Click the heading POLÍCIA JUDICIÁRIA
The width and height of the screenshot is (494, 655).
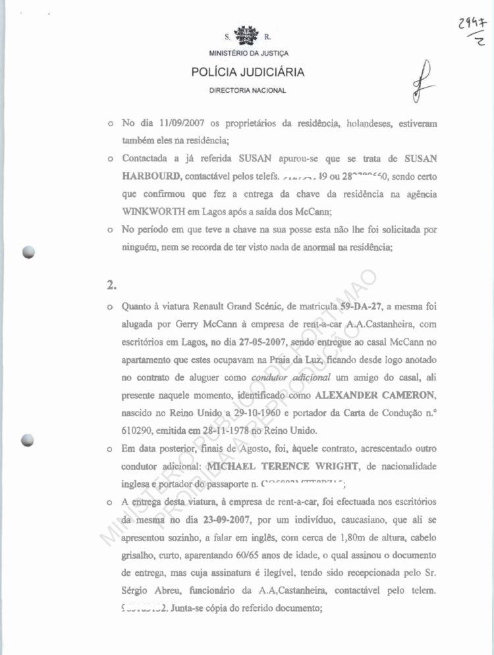coord(248,72)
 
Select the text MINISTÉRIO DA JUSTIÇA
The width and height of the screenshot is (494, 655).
coord(248,53)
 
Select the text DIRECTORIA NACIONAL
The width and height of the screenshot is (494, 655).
coord(248,90)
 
